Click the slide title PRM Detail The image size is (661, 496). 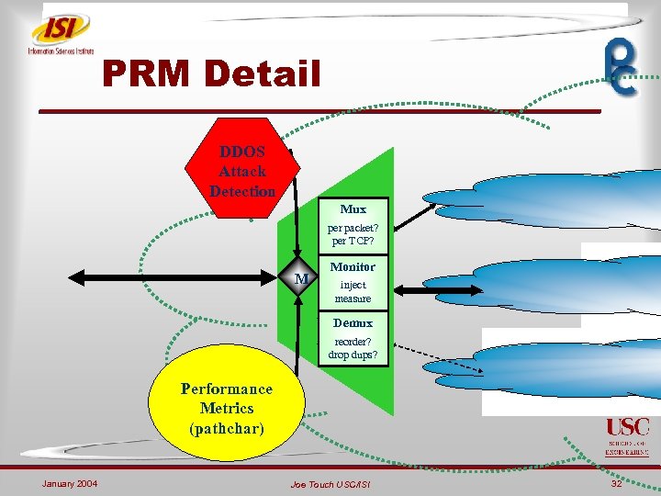[212, 73]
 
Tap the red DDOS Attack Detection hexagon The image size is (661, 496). [241, 170]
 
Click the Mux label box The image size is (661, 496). [353, 209]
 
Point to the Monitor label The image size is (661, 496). [353, 266]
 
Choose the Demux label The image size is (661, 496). [353, 323]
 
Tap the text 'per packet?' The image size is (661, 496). [353, 228]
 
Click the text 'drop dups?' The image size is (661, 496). [353, 355]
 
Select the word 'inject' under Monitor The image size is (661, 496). [353, 285]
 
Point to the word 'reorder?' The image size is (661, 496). [353, 342]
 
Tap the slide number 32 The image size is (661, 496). [616, 483]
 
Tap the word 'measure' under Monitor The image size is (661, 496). [353, 299]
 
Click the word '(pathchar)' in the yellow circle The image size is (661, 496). [226, 428]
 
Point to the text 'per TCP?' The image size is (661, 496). [353, 241]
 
